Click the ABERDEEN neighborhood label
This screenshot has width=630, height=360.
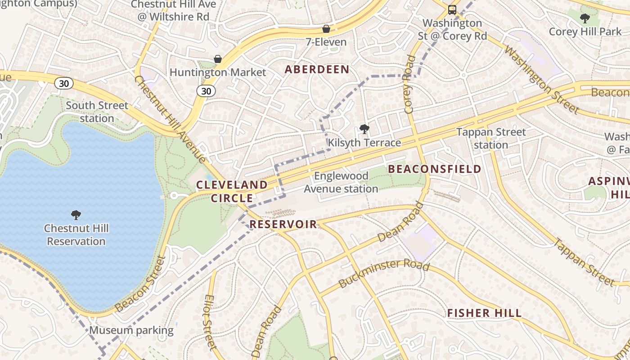[317, 69]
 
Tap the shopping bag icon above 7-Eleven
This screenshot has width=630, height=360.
[326, 29]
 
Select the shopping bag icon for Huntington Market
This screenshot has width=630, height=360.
[218, 59]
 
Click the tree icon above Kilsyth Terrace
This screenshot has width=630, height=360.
[364, 130]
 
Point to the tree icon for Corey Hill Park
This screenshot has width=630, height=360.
[585, 18]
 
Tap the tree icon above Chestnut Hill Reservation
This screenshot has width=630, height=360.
[76, 215]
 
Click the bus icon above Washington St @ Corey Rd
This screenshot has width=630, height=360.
[452, 9]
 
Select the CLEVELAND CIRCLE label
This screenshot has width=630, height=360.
[232, 191]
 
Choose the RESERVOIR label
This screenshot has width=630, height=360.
[283, 225]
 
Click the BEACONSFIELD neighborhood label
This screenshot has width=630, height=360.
[435, 169]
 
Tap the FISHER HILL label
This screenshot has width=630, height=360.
[484, 313]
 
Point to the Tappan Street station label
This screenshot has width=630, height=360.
[491, 139]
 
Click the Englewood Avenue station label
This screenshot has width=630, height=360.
[341, 182]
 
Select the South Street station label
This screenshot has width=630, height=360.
[97, 112]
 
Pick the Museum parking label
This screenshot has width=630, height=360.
[131, 330]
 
